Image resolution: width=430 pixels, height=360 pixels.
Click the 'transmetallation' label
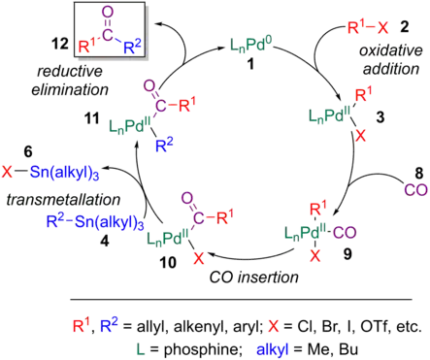54,201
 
